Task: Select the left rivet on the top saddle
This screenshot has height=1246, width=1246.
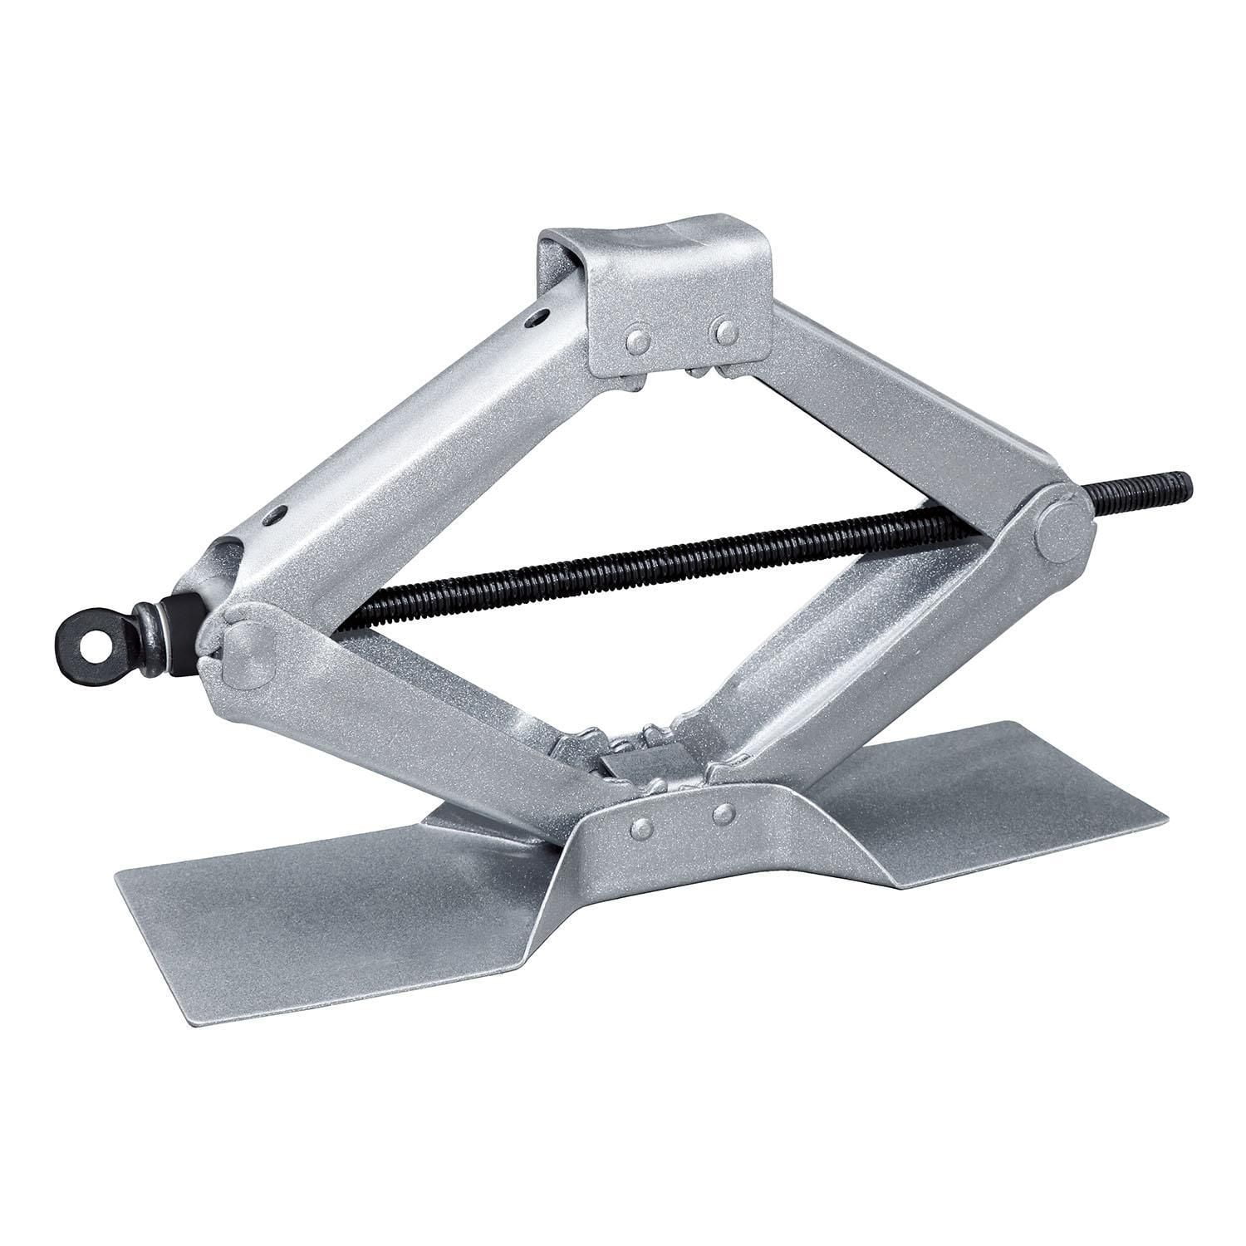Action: pos(639,340)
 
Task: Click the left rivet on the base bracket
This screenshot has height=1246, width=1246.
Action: pos(640,826)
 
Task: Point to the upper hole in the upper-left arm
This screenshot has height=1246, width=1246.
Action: pos(542,316)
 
